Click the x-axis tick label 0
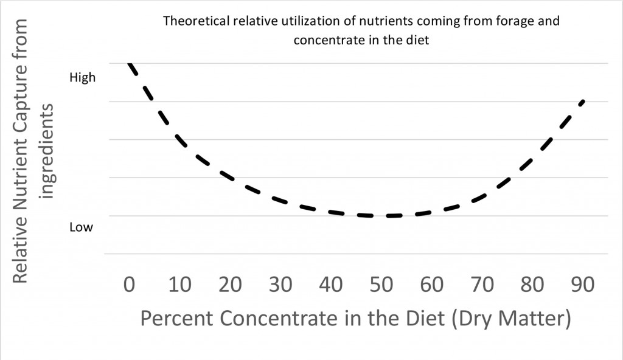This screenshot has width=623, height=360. coord(129,285)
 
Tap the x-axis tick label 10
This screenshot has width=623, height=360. coord(180,285)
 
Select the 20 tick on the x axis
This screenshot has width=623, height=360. coord(230,285)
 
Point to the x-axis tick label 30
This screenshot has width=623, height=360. coord(280,285)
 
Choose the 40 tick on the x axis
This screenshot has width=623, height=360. coord(331,285)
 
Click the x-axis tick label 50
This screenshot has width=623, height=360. coord(381,285)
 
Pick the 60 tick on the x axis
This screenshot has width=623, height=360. coord(432,285)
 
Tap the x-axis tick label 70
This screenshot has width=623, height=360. coord(482,285)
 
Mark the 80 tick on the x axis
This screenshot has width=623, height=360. coord(532,285)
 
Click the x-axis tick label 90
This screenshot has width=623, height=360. coord(583,285)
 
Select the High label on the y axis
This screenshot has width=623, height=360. coord(83,77)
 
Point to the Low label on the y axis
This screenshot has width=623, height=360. coord(81,227)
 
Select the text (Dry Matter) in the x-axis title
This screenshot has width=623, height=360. coord(511,319)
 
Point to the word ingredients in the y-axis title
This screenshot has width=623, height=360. coord(47,151)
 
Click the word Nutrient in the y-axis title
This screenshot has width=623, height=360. coord(20,179)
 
